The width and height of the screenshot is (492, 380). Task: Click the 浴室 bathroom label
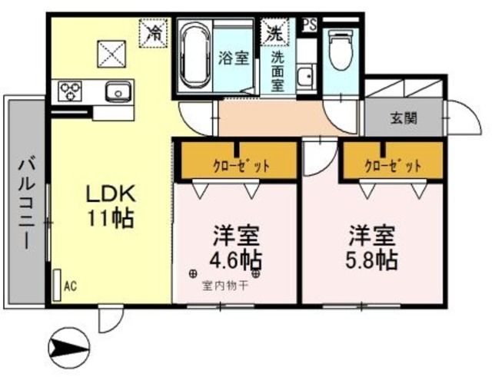point(233,58)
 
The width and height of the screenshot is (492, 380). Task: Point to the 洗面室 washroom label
point(278,71)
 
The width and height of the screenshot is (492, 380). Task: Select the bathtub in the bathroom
point(196,57)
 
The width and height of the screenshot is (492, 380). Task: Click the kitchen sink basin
point(119,94)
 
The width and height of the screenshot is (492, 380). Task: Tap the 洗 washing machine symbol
point(274,32)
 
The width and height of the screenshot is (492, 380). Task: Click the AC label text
point(70,287)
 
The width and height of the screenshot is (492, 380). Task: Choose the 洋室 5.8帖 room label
point(372,246)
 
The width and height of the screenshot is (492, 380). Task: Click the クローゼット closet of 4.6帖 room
point(236,164)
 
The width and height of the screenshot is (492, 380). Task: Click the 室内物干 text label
point(224,286)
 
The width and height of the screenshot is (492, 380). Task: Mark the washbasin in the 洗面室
point(305,76)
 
